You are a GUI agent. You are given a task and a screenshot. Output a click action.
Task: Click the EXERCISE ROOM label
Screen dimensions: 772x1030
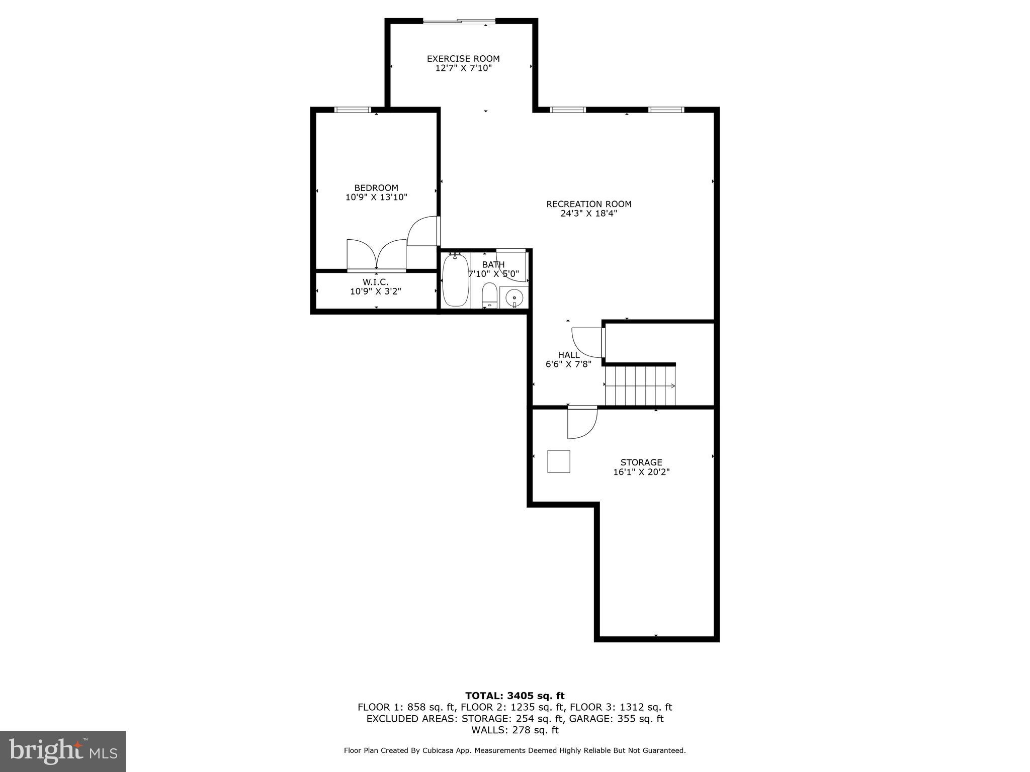pyautogui.click(x=463, y=59)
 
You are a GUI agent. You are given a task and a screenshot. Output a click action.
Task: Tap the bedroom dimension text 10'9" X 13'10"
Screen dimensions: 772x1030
pyautogui.click(x=376, y=198)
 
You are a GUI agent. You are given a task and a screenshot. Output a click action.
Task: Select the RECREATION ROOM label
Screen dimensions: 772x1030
pyautogui.click(x=589, y=204)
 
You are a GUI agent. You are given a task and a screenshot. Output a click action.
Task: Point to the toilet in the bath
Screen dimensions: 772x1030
pyautogui.click(x=489, y=296)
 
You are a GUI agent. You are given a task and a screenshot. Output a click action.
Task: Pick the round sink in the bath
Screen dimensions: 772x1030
pyautogui.click(x=514, y=298)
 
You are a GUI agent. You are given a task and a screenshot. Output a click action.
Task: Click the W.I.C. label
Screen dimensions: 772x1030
pyautogui.click(x=376, y=282)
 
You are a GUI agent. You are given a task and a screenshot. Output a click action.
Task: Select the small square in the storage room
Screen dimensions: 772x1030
pyautogui.click(x=559, y=461)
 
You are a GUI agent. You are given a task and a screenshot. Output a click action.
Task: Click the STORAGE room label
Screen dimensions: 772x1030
pyautogui.click(x=641, y=462)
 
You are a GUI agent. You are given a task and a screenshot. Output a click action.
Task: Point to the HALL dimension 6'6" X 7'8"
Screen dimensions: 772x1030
pyautogui.click(x=568, y=364)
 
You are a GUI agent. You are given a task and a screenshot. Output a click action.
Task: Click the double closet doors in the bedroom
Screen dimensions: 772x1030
pyautogui.click(x=377, y=255)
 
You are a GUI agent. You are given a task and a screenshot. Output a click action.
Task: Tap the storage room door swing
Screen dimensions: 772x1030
pyautogui.click(x=581, y=422)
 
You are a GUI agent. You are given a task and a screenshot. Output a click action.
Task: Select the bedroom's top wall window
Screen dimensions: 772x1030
pyautogui.click(x=353, y=110)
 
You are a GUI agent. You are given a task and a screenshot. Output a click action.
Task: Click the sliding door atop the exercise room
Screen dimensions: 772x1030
pyautogui.click(x=459, y=21)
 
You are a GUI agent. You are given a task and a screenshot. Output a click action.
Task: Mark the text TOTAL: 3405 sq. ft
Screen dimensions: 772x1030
pyautogui.click(x=514, y=696)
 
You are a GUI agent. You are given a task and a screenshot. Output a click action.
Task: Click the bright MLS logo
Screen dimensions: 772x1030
pyautogui.click(x=63, y=751)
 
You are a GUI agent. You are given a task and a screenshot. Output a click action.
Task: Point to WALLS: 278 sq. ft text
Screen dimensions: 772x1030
pyautogui.click(x=514, y=730)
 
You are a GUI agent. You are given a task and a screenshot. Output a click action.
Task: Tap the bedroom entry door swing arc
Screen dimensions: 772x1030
pyautogui.click(x=423, y=231)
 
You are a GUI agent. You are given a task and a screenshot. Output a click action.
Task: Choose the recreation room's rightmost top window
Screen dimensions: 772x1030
pyautogui.click(x=666, y=110)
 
